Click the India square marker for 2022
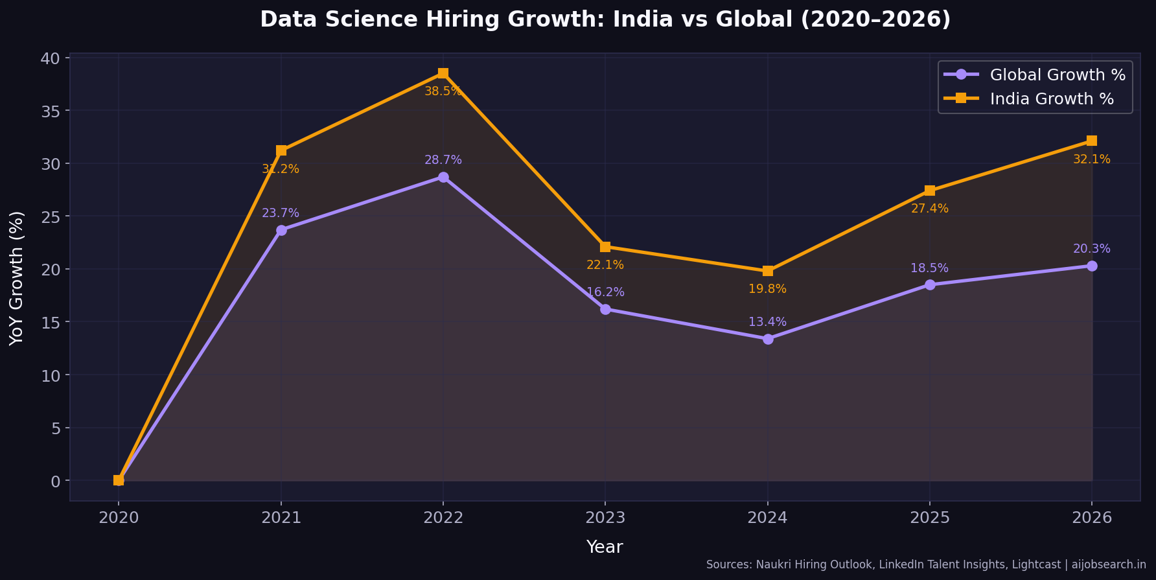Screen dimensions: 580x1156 pyautogui.click(x=443, y=73)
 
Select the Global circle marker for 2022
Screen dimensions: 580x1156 pyautogui.click(x=443, y=177)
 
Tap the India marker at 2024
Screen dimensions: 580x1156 pyautogui.click(x=768, y=271)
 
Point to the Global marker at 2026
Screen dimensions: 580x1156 pyautogui.click(x=1092, y=266)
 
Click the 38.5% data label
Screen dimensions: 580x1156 pyautogui.click(x=443, y=91)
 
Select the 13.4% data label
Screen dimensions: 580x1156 pyautogui.click(x=767, y=322)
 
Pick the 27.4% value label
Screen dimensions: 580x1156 pyautogui.click(x=929, y=209)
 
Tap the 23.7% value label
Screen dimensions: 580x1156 pyautogui.click(x=281, y=213)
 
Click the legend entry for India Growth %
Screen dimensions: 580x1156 pyautogui.click(x=1051, y=99)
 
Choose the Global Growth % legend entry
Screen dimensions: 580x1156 pyautogui.click(x=1057, y=75)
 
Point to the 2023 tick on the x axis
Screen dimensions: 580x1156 pyautogui.click(x=605, y=518)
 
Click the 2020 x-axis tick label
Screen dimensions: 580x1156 pyautogui.click(x=119, y=518)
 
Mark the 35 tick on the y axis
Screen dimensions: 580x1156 pyautogui.click(x=51, y=111)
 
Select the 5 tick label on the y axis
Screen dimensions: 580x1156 pyautogui.click(x=56, y=428)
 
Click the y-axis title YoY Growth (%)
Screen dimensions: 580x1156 pyautogui.click(x=17, y=277)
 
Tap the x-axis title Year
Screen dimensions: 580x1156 pyautogui.click(x=605, y=547)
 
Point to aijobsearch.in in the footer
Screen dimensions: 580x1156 pyautogui.click(x=1109, y=565)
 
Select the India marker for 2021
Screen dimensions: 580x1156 pyautogui.click(x=281, y=150)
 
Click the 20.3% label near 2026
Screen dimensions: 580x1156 pyautogui.click(x=1091, y=249)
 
